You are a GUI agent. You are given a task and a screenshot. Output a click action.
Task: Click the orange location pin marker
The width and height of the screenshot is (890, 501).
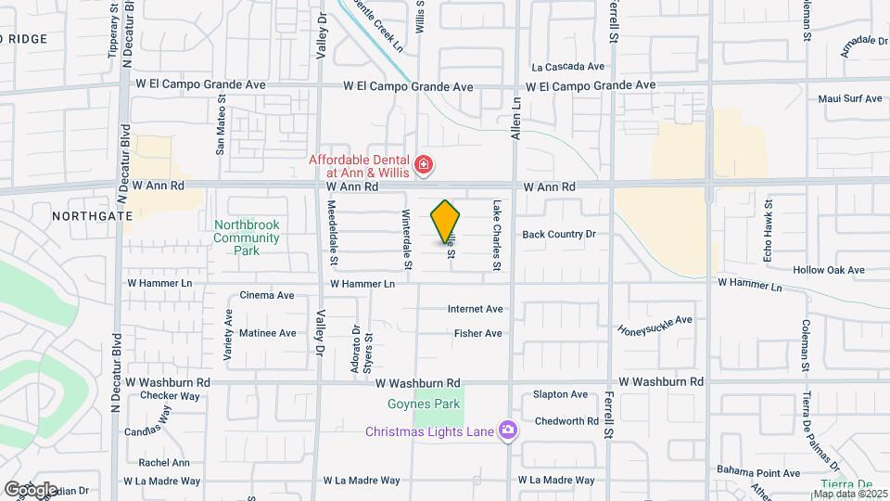pyautogui.click(x=446, y=221)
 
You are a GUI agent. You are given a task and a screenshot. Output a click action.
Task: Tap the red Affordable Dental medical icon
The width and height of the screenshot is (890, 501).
pyautogui.click(x=425, y=166)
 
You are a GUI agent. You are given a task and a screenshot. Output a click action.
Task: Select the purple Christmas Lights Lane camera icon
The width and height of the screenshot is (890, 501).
pyautogui.click(x=507, y=430)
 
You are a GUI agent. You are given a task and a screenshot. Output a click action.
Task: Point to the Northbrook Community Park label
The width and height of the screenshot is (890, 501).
pyautogui.click(x=246, y=238)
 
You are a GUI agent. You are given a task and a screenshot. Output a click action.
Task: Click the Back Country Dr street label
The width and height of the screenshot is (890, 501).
pyautogui.click(x=558, y=235)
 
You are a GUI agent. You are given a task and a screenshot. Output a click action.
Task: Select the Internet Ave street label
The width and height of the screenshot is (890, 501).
pyautogui.click(x=475, y=309)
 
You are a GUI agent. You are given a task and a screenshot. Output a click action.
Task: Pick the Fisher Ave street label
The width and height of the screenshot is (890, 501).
pyautogui.click(x=477, y=333)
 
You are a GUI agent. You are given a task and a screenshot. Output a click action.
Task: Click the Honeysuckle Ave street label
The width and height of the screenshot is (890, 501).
pyautogui.click(x=655, y=326)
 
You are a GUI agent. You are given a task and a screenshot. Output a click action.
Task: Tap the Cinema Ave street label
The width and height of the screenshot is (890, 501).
pyautogui.click(x=266, y=296)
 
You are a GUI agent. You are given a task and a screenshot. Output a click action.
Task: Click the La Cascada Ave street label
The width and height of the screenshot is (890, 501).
pyautogui.click(x=567, y=67)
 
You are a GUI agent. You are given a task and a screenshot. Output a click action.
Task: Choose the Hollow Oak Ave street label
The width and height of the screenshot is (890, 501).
pyautogui.click(x=829, y=271)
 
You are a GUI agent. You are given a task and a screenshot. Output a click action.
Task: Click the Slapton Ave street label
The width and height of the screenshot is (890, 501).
pyautogui.click(x=560, y=394)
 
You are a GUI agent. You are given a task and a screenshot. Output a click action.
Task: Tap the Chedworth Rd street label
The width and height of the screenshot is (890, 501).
pyautogui.click(x=566, y=420)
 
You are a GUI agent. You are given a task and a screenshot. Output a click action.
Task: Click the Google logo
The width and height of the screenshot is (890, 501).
pyautogui.click(x=30, y=489)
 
